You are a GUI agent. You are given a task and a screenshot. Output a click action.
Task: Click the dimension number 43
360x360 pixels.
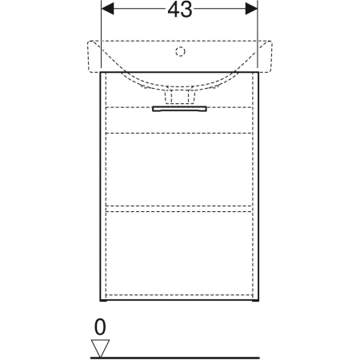click(x=180, y=10)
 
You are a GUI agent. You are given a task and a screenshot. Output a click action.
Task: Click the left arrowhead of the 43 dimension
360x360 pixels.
click(x=108, y=9)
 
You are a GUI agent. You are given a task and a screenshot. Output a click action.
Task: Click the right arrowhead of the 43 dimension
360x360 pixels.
click(x=251, y=9)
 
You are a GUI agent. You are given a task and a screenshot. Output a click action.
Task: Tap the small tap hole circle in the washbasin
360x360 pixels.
click(x=180, y=51)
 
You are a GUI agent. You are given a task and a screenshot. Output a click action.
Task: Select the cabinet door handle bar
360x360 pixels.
click(x=179, y=109)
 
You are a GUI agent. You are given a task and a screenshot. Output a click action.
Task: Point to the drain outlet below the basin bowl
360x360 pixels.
click(x=180, y=97)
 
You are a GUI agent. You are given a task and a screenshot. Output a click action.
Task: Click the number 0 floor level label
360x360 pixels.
click(x=100, y=327)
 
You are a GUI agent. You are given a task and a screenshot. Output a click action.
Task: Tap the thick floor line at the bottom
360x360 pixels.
click(x=175, y=358)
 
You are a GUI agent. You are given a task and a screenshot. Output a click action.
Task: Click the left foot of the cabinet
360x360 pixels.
click(x=103, y=301)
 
